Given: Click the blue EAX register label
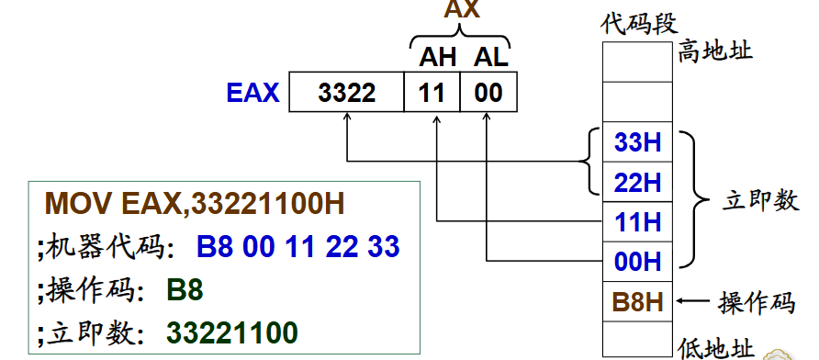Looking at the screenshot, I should tap(252, 93).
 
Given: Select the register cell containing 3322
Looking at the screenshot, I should tap(346, 94).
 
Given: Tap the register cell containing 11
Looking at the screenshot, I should tap(431, 94).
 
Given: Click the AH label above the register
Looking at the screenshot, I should tap(432, 58).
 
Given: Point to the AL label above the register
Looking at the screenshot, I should tap(489, 58).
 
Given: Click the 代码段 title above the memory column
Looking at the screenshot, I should tap(639, 23).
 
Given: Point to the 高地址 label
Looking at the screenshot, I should tap(715, 50).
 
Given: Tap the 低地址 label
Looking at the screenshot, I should tap(716, 347).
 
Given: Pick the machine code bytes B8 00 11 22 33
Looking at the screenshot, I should tap(298, 246).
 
